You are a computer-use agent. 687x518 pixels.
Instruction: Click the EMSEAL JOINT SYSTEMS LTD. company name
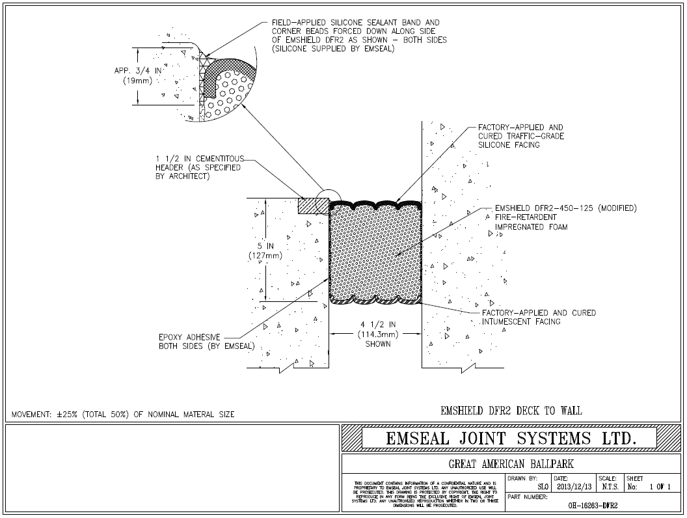coord(511,438)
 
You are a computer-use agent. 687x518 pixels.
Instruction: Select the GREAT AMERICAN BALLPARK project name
coord(511,464)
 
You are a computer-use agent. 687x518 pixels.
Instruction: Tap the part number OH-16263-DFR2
coord(592,504)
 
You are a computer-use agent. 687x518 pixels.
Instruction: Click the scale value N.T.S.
coord(610,486)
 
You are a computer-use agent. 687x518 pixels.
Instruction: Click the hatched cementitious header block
coord(310,204)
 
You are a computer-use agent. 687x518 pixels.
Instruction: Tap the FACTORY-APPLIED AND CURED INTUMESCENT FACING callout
coord(538,317)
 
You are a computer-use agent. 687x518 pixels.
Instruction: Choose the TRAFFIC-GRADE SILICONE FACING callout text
coord(520,136)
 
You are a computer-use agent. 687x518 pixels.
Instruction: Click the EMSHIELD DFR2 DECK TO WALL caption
coord(511,411)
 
